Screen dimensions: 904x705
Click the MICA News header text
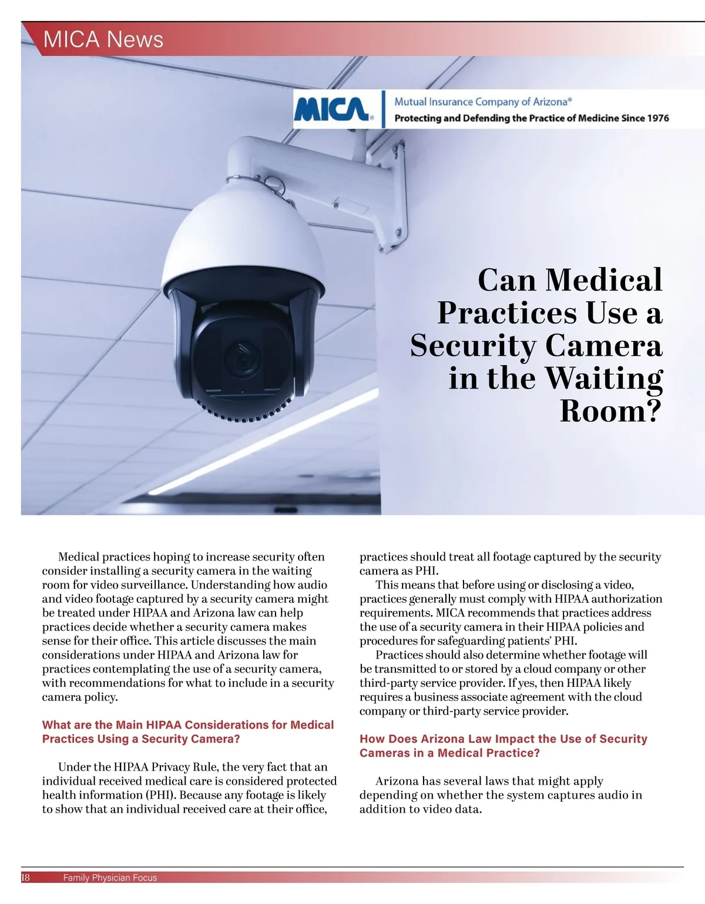click(103, 39)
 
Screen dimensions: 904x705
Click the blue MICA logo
click(332, 109)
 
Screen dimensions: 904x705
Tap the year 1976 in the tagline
click(657, 118)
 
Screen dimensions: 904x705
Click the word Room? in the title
click(610, 410)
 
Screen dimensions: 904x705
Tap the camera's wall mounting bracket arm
click(329, 176)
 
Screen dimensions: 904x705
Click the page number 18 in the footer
click(25, 878)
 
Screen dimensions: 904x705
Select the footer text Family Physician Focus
click(110, 878)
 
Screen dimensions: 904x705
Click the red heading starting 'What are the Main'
click(187, 731)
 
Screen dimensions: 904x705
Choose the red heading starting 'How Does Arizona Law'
click(503, 746)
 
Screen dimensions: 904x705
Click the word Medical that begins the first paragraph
click(79, 556)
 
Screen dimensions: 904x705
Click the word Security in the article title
click(472, 345)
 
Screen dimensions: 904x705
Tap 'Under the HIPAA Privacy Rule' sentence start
click(138, 767)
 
